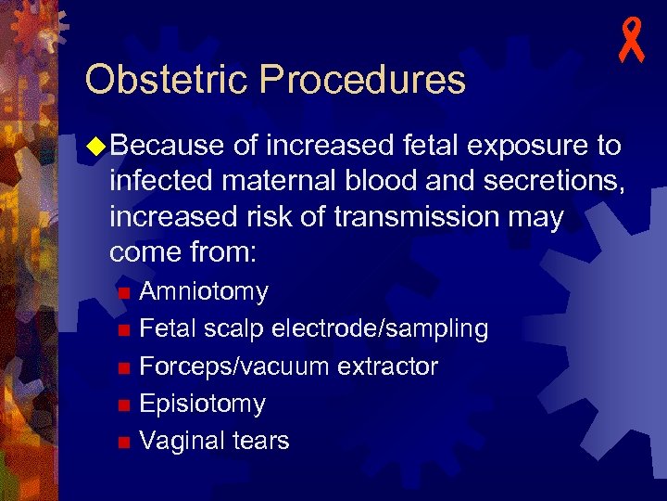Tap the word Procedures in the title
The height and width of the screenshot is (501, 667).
pyautogui.click(x=363, y=80)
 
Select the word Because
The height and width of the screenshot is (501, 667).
pyautogui.click(x=170, y=146)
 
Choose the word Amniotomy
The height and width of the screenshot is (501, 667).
pyautogui.click(x=204, y=292)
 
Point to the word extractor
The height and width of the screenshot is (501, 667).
pyautogui.click(x=387, y=366)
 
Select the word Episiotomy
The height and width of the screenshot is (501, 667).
pyautogui.click(x=202, y=404)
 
